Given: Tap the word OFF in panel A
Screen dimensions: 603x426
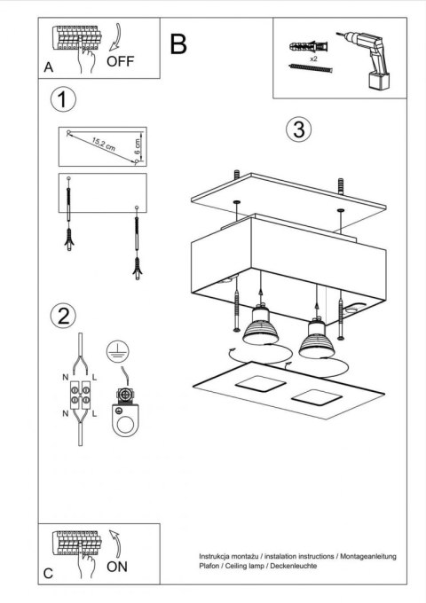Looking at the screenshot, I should click(x=122, y=62).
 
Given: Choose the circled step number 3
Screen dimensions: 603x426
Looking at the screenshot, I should click(x=300, y=129).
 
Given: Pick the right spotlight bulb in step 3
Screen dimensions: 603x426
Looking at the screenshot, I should click(x=315, y=336).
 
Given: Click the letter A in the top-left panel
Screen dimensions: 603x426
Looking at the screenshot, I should click(x=48, y=67).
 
